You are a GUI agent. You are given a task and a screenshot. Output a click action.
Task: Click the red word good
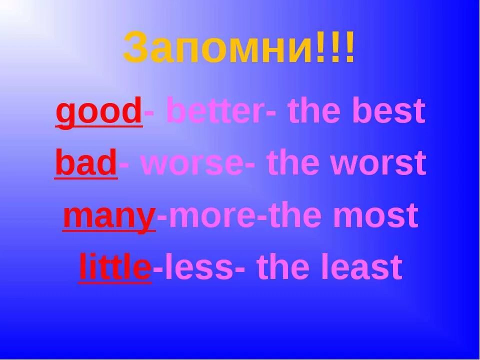pyautogui.click(x=98, y=111)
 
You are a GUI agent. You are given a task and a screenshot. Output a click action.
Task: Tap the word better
pyautogui.click(x=215, y=111)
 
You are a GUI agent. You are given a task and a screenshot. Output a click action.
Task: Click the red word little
pyautogui.click(x=115, y=267)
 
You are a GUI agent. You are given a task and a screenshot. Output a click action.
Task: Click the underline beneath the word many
pyautogui.click(x=108, y=231)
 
